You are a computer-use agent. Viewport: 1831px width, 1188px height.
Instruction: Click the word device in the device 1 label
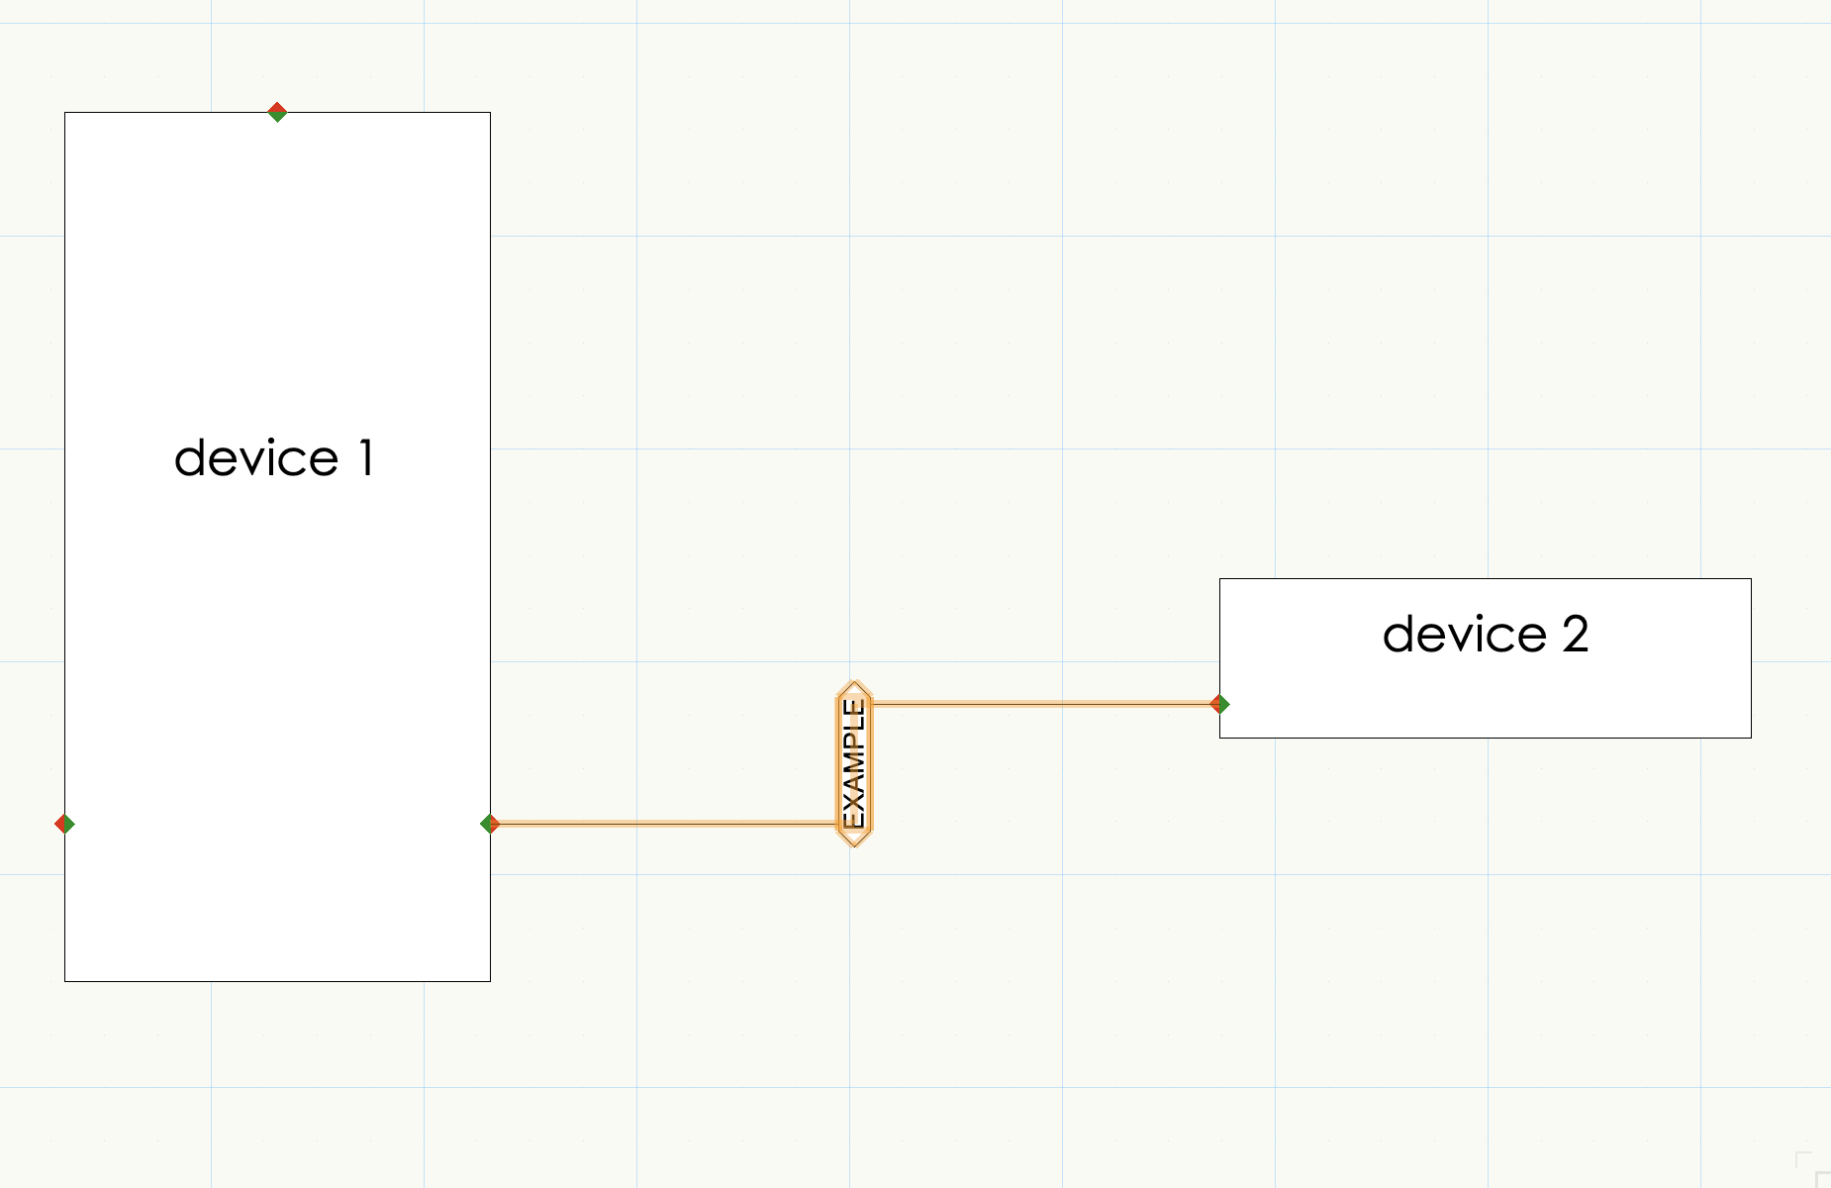(256, 458)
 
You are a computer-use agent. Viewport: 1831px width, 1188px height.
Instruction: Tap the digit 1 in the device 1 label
(366, 458)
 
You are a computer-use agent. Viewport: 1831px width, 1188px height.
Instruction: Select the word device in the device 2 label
(1464, 635)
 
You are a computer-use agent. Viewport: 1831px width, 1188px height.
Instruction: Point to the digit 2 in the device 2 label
(1576, 635)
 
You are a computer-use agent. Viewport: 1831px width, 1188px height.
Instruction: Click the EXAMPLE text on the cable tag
(853, 763)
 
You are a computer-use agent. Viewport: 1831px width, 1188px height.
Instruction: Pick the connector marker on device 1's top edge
(277, 112)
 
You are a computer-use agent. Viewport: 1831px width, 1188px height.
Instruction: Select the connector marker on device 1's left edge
(64, 824)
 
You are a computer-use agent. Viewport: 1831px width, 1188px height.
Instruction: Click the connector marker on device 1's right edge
(490, 824)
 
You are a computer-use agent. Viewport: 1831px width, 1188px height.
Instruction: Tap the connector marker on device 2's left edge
(1220, 704)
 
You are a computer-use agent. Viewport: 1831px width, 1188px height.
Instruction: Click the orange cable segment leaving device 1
(663, 824)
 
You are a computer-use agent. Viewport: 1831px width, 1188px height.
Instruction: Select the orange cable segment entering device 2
(1039, 704)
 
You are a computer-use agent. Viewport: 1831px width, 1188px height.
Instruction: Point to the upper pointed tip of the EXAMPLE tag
(853, 683)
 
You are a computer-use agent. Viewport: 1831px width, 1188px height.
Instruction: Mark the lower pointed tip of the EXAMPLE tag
(853, 844)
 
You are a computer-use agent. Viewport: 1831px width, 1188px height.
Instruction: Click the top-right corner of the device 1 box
(490, 113)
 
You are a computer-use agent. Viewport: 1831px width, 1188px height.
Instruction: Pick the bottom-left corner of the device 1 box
(65, 981)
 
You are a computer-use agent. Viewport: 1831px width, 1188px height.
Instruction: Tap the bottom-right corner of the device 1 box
(490, 981)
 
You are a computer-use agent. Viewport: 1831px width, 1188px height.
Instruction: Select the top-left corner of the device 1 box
(65, 113)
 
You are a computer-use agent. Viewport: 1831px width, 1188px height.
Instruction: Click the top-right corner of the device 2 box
(1751, 579)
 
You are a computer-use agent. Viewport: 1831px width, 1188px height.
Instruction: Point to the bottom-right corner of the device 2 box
(1751, 738)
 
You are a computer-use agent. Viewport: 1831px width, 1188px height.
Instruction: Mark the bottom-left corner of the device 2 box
(1220, 738)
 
